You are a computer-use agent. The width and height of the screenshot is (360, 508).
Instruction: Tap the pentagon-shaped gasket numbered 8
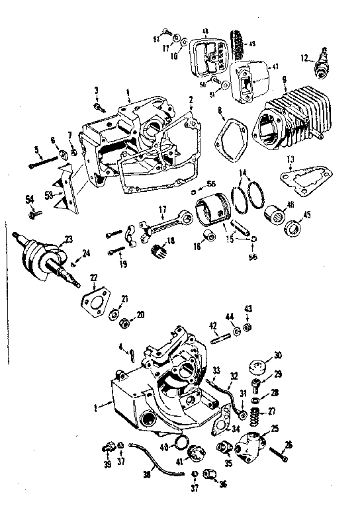(232, 138)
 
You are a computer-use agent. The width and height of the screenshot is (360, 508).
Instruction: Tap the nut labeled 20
(123, 323)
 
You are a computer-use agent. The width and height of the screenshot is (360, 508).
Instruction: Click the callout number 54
(30, 199)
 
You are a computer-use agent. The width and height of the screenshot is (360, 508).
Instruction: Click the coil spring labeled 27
(253, 414)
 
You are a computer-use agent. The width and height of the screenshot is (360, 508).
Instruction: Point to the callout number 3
(96, 90)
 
